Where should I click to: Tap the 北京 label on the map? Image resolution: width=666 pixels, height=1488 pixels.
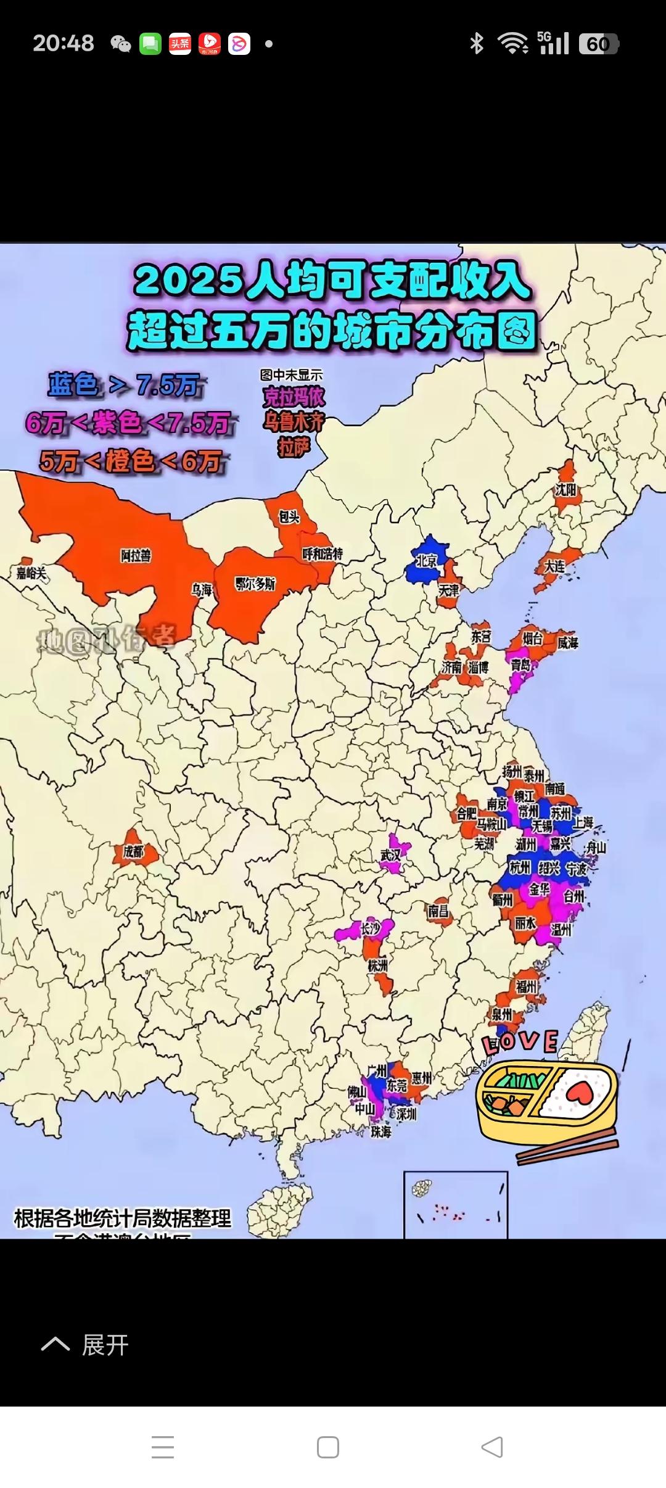(426, 561)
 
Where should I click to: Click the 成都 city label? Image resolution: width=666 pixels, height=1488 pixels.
(133, 852)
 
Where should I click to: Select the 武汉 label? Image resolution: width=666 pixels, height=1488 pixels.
(390, 855)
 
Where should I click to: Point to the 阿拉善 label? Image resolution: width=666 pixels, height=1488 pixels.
(136, 556)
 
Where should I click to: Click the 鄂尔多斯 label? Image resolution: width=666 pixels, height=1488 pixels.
(255, 583)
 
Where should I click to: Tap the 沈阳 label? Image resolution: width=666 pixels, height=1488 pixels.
(565, 490)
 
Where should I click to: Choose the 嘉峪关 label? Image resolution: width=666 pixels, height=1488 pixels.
(31, 573)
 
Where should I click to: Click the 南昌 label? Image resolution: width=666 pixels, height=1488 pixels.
(438, 910)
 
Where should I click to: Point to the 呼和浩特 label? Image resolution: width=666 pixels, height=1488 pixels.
(323, 553)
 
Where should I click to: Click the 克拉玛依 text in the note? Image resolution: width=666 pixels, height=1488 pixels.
(294, 397)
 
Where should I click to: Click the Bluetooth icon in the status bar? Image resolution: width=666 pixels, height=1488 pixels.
(476, 43)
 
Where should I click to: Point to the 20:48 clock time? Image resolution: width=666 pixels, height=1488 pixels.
(64, 43)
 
